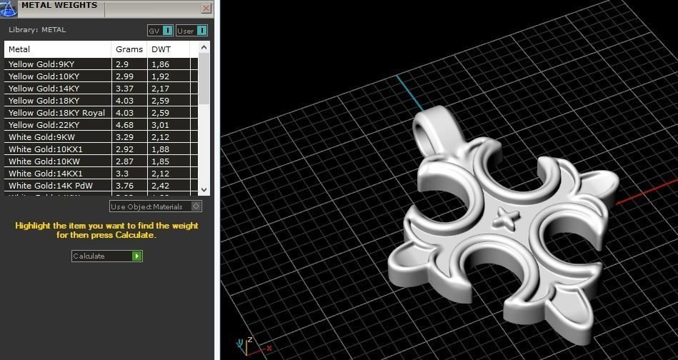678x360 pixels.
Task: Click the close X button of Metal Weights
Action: pyautogui.click(x=206, y=9)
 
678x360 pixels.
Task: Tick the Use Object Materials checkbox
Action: pyautogui.click(x=196, y=206)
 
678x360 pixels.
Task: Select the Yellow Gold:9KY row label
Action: pyautogui.click(x=41, y=64)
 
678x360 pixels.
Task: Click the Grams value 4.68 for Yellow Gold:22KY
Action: pyautogui.click(x=123, y=125)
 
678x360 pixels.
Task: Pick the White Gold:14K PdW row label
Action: pyautogui.click(x=51, y=186)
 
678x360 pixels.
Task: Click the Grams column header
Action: pyautogui.click(x=124, y=49)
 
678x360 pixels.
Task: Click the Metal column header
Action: pyautogui.click(x=19, y=49)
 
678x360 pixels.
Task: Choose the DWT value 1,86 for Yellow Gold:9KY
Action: pyautogui.click(x=161, y=64)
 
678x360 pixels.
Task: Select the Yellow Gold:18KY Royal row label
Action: pyautogui.click(x=56, y=113)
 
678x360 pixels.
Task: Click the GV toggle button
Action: pyautogui.click(x=160, y=31)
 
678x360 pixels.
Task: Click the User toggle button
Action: pyautogui.click(x=191, y=31)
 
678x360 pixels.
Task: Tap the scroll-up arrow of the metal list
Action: pyautogui.click(x=204, y=48)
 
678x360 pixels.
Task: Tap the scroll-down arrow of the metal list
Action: pyautogui.click(x=204, y=190)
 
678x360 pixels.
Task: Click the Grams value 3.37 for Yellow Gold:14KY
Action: pyautogui.click(x=124, y=89)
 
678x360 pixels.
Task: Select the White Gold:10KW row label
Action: pyautogui.click(x=44, y=161)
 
